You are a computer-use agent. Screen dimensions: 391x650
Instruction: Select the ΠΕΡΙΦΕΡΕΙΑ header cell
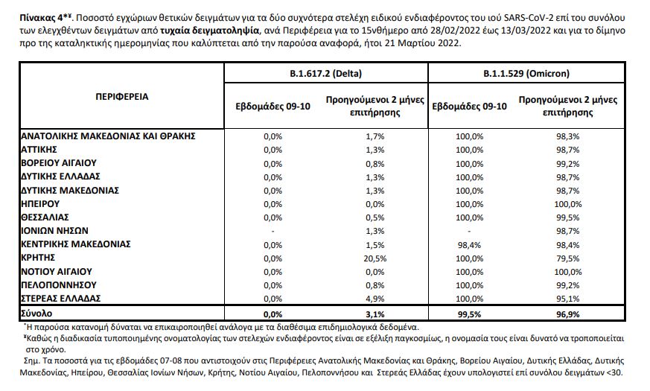point(122,97)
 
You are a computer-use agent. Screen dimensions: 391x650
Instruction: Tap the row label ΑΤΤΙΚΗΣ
point(42,149)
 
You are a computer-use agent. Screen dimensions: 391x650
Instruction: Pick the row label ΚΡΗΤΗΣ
point(39,257)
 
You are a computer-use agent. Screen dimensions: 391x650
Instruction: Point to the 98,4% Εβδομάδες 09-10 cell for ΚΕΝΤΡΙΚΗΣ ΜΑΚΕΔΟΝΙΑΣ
point(470,244)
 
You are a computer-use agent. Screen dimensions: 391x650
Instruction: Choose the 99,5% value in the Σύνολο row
point(470,314)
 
